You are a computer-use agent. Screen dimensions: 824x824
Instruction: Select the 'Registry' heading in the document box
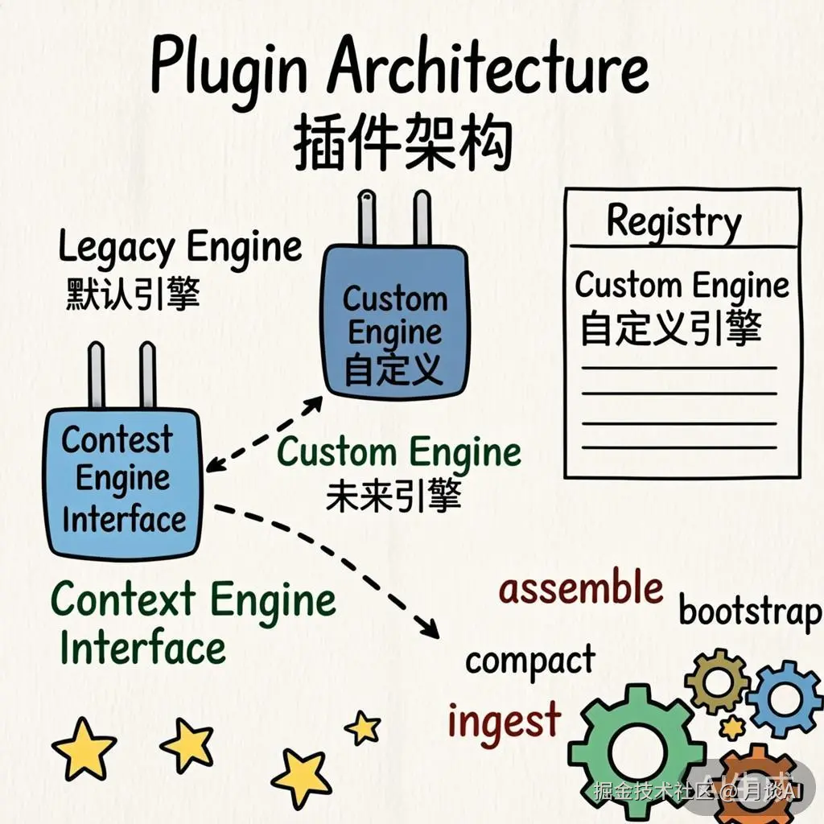(674, 220)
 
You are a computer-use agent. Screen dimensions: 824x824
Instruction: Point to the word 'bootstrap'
(750, 612)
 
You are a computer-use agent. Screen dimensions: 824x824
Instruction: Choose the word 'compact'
(530, 662)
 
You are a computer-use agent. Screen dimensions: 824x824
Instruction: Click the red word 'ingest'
(504, 719)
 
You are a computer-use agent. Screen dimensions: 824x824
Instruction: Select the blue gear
(784, 698)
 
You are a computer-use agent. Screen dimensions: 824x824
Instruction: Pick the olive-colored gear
(717, 681)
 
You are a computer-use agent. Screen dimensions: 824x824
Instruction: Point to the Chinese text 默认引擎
(132, 295)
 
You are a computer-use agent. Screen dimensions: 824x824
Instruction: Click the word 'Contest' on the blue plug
(117, 440)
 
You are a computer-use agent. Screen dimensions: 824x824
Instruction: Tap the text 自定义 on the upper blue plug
(393, 369)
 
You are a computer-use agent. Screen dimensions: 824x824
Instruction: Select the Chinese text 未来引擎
(393, 496)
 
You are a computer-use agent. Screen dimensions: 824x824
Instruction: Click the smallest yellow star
(364, 728)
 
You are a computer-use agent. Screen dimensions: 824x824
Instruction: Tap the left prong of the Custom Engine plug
(367, 217)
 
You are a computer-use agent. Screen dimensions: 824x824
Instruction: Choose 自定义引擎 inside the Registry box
(669, 329)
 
